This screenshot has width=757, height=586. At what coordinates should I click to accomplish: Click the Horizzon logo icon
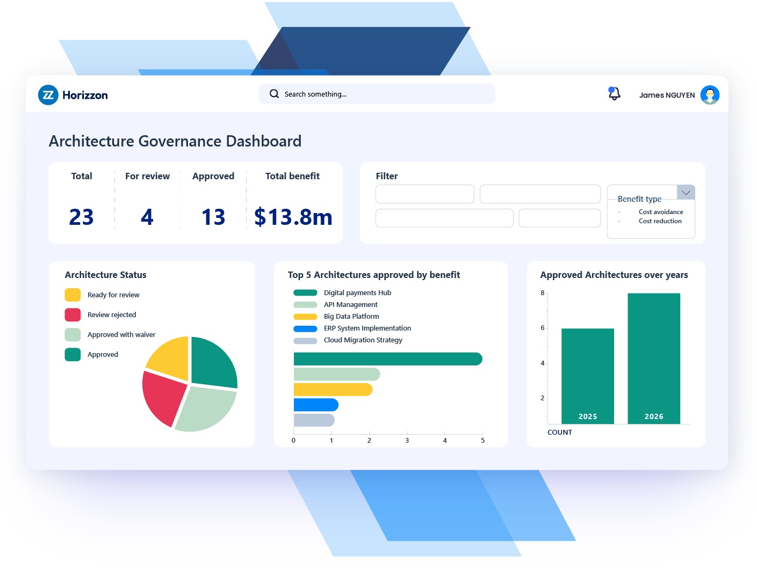point(48,95)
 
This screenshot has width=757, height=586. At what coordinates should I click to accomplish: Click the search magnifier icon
point(274,94)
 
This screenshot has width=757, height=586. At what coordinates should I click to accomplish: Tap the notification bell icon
point(614,94)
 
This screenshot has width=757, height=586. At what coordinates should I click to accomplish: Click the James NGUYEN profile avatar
point(710,95)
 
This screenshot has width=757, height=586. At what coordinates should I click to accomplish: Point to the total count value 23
point(81,217)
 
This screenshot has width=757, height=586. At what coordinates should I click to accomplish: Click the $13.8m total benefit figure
point(293,217)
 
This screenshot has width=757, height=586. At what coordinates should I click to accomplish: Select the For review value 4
point(147,217)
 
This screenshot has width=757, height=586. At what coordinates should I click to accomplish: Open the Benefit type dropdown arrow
point(686,193)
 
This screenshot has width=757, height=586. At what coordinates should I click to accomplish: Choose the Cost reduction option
point(660,221)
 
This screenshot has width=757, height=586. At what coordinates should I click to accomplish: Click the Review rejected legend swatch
point(73,315)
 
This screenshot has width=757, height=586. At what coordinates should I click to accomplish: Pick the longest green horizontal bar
point(387,359)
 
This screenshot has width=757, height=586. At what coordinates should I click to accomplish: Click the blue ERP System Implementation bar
point(316,405)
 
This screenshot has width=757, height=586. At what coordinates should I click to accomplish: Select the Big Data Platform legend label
point(351,317)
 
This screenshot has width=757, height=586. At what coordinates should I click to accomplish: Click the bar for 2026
point(653,358)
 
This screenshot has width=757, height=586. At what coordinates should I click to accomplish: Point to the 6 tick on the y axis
point(543,328)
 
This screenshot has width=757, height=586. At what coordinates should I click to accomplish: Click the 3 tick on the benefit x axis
point(407,440)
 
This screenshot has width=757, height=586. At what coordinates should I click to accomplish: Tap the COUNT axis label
point(559,433)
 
